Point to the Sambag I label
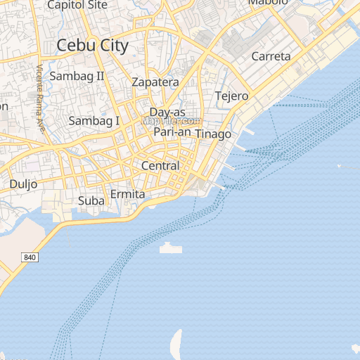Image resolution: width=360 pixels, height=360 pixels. pos(94,121)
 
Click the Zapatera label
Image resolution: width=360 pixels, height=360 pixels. pos(155,82)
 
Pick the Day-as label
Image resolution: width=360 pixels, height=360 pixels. pos(167,112)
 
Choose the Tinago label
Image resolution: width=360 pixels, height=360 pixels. pos(213,134)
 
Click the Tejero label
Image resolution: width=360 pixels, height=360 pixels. pos(231,96)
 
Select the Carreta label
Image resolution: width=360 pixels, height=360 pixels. pos(271,56)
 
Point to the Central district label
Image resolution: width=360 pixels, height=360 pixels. pos(160,166)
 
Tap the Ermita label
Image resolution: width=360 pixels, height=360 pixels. pos(128,194)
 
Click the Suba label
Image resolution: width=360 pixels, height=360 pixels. pos(91,201)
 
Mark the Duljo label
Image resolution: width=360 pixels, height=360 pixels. pos(23,184)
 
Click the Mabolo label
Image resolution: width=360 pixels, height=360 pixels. pos(268,3)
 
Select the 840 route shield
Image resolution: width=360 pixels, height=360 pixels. pos(30,258)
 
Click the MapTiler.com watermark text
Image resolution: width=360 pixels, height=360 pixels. pos(172,121)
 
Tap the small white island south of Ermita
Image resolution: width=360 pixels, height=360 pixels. pos(171,248)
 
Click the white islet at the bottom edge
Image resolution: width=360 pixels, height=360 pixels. pos(176,345)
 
